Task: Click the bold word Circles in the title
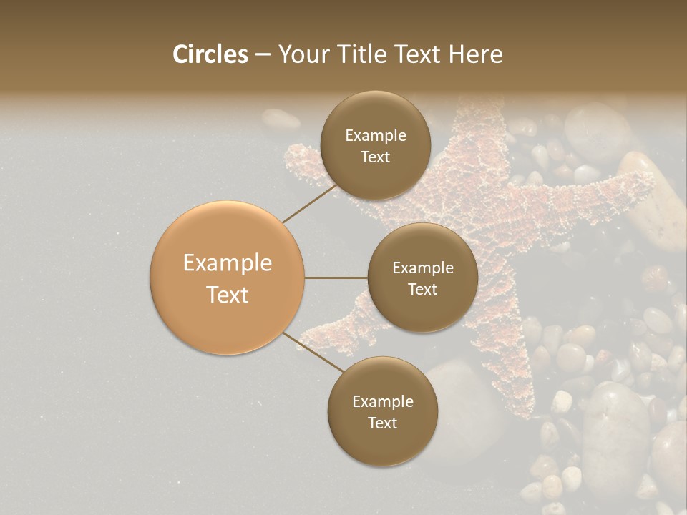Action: click(210, 54)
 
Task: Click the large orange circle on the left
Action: click(228, 278)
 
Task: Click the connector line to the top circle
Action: click(309, 204)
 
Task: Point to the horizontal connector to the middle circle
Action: click(336, 278)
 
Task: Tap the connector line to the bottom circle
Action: click(313, 352)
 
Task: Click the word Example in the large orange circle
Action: click(228, 263)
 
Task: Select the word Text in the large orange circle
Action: click(228, 295)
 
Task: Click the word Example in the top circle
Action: click(375, 135)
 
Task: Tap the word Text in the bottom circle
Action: click(382, 423)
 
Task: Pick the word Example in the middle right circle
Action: click(422, 268)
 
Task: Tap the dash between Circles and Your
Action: click(262, 54)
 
